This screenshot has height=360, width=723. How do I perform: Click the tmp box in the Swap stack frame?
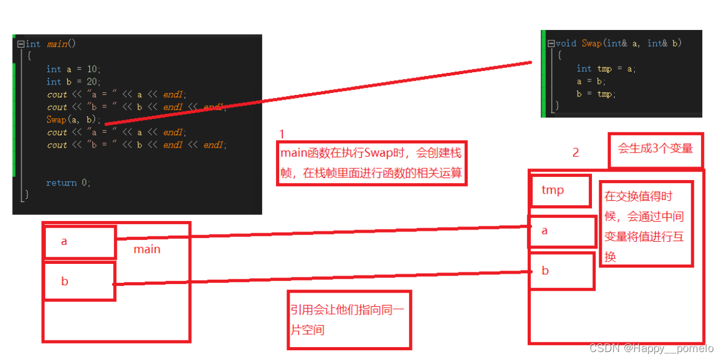tap(560, 190)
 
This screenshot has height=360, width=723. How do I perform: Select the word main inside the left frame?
tap(147, 249)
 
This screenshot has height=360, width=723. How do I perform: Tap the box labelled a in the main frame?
tap(80, 242)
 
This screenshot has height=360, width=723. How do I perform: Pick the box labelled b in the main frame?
tap(80, 282)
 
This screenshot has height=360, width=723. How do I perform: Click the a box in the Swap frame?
tap(561, 231)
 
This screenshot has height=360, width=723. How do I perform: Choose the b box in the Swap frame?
tap(561, 271)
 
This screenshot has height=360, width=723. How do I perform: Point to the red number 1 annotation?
tap(282, 134)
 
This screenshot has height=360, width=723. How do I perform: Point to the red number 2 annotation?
tap(575, 152)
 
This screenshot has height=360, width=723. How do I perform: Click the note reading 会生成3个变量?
tap(655, 149)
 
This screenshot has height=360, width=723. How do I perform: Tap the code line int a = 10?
tap(73, 69)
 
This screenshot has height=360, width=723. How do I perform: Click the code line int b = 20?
tap(73, 82)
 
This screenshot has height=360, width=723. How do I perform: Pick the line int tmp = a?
tap(606, 69)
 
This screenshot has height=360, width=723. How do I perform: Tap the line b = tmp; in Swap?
tap(596, 94)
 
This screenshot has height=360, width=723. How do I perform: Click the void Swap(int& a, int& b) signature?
tap(618, 43)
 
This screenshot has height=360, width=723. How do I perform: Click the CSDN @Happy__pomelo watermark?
tap(651, 348)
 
